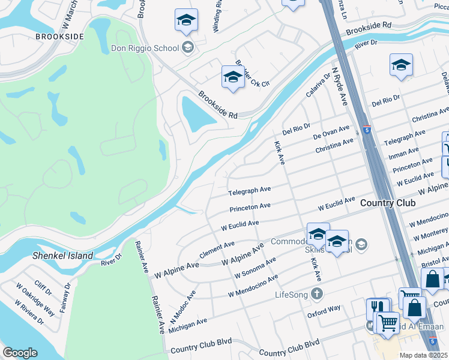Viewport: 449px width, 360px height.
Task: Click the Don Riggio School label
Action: point(145,47)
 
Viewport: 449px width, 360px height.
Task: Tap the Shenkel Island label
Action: point(63,256)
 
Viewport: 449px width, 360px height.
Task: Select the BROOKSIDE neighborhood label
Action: point(59,37)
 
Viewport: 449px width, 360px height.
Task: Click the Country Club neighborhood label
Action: point(388,203)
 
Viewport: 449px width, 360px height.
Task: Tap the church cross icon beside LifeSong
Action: point(317,294)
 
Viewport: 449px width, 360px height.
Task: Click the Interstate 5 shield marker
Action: point(366,130)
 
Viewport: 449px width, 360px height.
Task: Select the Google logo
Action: point(20,353)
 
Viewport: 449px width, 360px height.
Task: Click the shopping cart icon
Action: point(388,322)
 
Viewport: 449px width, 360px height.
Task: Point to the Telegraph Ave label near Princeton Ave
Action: point(249,191)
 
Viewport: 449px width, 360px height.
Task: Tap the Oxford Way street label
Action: point(324,310)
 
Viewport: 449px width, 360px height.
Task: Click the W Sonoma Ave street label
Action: point(255,268)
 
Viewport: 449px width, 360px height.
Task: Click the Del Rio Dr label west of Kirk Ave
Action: point(296,128)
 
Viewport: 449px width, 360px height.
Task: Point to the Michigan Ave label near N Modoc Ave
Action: point(188,325)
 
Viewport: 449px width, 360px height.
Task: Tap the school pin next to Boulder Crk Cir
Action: point(233,77)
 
